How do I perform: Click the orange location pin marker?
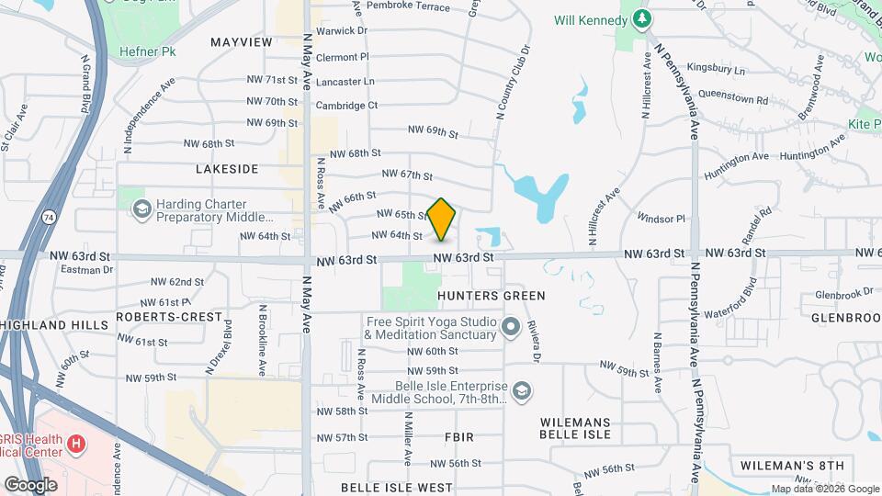coord(442,219)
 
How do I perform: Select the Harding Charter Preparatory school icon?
coord(141,210)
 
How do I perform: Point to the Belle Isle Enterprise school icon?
coord(522,392)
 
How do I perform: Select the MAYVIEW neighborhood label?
coord(242,42)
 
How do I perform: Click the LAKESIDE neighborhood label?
coord(227,169)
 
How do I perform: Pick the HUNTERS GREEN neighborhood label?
coord(492,296)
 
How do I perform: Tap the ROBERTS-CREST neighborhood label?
coord(169,317)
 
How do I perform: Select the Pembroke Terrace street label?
coord(408,6)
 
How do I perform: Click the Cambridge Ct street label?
coord(346,106)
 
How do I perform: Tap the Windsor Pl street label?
coord(661,219)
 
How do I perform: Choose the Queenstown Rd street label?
coord(732,98)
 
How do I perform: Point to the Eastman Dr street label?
coord(86,270)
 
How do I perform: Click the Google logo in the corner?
coord(30,484)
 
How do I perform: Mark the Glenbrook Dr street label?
coord(843,294)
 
